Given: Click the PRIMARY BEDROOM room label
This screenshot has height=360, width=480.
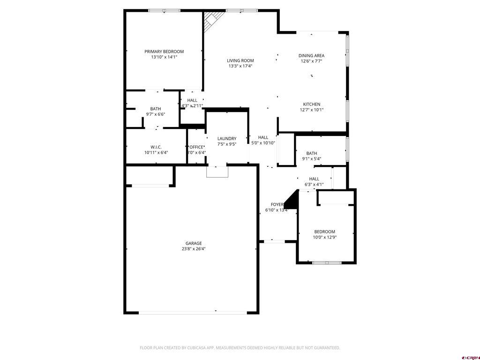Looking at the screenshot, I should [x=164, y=52].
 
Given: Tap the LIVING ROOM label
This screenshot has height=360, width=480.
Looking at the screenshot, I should [x=240, y=60].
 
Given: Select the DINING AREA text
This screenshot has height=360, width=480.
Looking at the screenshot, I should [x=311, y=56].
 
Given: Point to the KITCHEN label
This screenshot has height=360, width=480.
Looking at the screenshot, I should [x=312, y=104].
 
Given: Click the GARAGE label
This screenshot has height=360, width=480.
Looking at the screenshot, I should [x=194, y=243].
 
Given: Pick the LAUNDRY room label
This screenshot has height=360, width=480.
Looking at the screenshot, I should [x=227, y=139].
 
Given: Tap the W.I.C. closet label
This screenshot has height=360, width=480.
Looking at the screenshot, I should [x=156, y=147].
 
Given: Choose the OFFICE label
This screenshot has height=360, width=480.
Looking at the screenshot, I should [x=196, y=147].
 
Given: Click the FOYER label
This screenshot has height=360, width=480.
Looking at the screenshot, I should [x=277, y=205].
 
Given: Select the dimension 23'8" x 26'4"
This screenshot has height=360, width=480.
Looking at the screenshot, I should [x=194, y=249].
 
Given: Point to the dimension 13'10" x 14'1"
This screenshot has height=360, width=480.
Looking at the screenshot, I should [x=164, y=57].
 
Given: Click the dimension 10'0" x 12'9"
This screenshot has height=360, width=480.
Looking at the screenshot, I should [x=325, y=237].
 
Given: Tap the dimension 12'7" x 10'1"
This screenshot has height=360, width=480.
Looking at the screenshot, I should [x=312, y=110].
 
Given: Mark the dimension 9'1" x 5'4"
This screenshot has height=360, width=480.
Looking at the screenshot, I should [x=312, y=159].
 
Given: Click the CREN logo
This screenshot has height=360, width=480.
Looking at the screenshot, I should [x=470, y=357].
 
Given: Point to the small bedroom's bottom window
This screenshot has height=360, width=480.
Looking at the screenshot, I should [x=327, y=262].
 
